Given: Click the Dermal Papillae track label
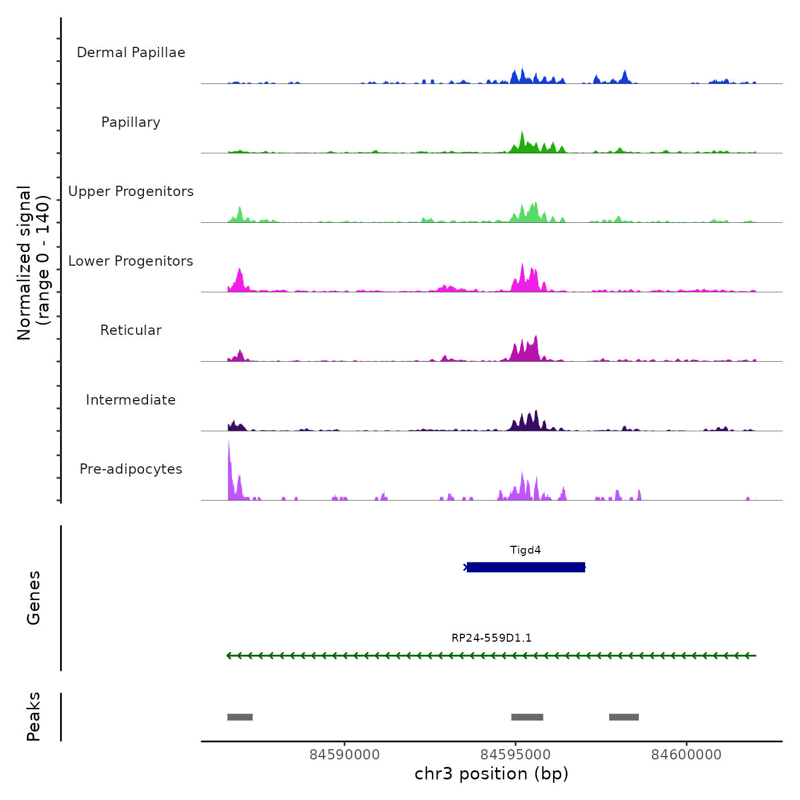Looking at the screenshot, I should (131, 53).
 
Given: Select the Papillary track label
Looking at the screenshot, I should (131, 122).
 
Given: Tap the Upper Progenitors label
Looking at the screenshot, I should (131, 191).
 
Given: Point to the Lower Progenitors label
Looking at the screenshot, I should (131, 261).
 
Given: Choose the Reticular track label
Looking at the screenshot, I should (131, 330).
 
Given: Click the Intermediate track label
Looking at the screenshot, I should (131, 400).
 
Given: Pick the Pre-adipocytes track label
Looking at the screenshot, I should (131, 469).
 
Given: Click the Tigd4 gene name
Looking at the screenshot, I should (525, 550).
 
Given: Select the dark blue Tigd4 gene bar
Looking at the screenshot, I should (526, 567).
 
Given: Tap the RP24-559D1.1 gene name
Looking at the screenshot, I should (491, 638).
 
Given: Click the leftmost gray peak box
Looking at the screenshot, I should (240, 717).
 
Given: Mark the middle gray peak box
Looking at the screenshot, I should (527, 717).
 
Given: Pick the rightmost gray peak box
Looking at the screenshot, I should (624, 717).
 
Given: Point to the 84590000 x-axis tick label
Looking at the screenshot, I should (345, 755).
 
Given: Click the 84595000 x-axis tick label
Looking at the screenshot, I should (515, 755).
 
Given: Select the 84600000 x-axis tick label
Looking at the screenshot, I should (686, 755).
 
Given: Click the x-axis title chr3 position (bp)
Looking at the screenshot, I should (491, 774).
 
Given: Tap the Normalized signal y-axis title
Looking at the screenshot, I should (33, 263).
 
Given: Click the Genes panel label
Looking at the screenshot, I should (34, 598).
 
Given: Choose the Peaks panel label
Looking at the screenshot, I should (34, 717).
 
